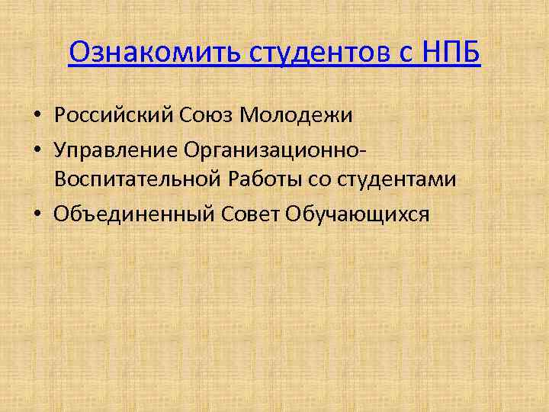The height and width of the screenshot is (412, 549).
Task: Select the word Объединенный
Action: click(x=134, y=214)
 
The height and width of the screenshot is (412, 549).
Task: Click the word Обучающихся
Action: click(x=358, y=214)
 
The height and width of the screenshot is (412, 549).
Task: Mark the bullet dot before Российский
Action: click(x=37, y=116)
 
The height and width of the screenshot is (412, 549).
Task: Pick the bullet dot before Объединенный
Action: click(x=37, y=215)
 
